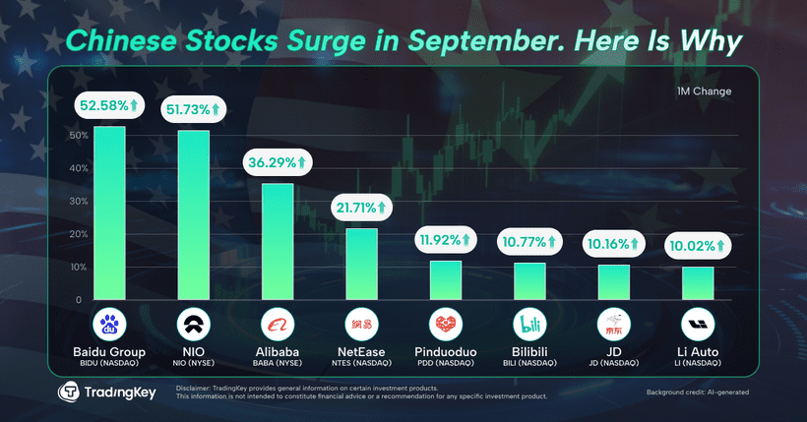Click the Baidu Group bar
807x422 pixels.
pyautogui.click(x=109, y=212)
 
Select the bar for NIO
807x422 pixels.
pyautogui.click(x=193, y=214)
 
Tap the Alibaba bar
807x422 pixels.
pyautogui.click(x=277, y=241)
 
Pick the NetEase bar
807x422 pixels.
pyautogui.click(x=361, y=264)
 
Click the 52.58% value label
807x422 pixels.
pyautogui.click(x=109, y=105)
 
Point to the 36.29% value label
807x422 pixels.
pyautogui.click(x=277, y=161)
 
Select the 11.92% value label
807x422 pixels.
pyautogui.click(x=445, y=239)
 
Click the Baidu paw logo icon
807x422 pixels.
pyautogui.click(x=109, y=324)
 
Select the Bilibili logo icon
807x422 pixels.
pyautogui.click(x=529, y=324)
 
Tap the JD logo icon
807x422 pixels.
pyautogui.click(x=614, y=324)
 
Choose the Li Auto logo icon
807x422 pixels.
pyautogui.click(x=698, y=324)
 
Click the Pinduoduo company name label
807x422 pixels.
pyautogui.click(x=446, y=351)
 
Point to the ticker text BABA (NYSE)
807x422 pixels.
pyautogui.click(x=277, y=363)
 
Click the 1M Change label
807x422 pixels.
pyautogui.click(x=704, y=91)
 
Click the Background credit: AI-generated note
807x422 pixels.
pyautogui.click(x=697, y=392)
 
